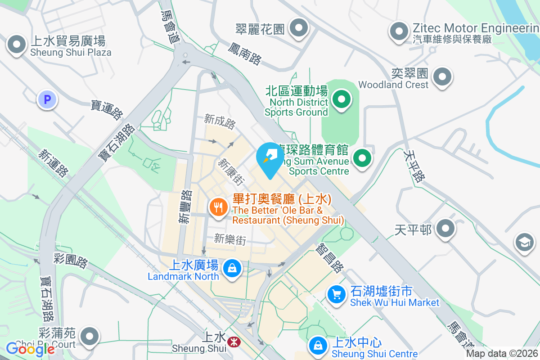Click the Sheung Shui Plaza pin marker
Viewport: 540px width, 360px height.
pos(17,45)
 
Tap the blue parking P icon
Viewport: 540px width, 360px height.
pos(47,99)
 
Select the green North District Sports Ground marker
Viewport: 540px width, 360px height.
pos(342,100)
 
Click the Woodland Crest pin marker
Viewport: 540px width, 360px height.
pos(442,77)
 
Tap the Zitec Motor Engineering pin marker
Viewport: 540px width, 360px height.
pos(399,32)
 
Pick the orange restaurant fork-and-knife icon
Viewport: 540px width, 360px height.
pos(219,207)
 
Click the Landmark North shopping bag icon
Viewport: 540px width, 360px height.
pos(232,269)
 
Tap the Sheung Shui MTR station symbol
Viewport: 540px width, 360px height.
pos(233,342)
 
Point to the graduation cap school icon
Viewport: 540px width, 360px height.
pos(524,243)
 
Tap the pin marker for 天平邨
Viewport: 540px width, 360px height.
pos(445,229)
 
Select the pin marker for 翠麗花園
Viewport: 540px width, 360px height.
pos(298,29)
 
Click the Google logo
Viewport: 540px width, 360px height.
pos(31,349)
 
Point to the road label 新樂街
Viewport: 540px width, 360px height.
pos(230,239)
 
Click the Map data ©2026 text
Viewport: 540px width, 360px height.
pos(502,354)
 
